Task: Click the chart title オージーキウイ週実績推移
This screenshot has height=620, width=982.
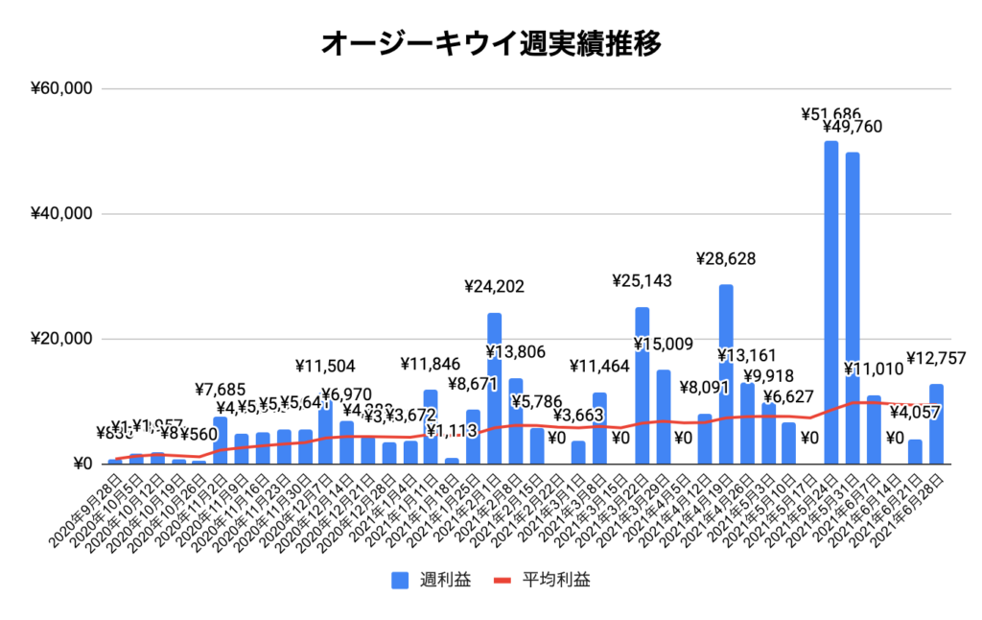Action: (490, 42)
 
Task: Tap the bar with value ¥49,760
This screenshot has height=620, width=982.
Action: (853, 307)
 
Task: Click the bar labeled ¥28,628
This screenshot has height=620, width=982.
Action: (726, 374)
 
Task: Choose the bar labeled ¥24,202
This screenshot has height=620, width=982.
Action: (494, 389)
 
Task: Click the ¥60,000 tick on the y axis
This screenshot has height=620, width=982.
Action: (60, 88)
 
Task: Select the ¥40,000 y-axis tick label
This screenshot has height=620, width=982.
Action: (60, 213)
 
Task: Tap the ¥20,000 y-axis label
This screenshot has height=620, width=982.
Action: (60, 339)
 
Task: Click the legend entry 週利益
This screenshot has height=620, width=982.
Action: (431, 580)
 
